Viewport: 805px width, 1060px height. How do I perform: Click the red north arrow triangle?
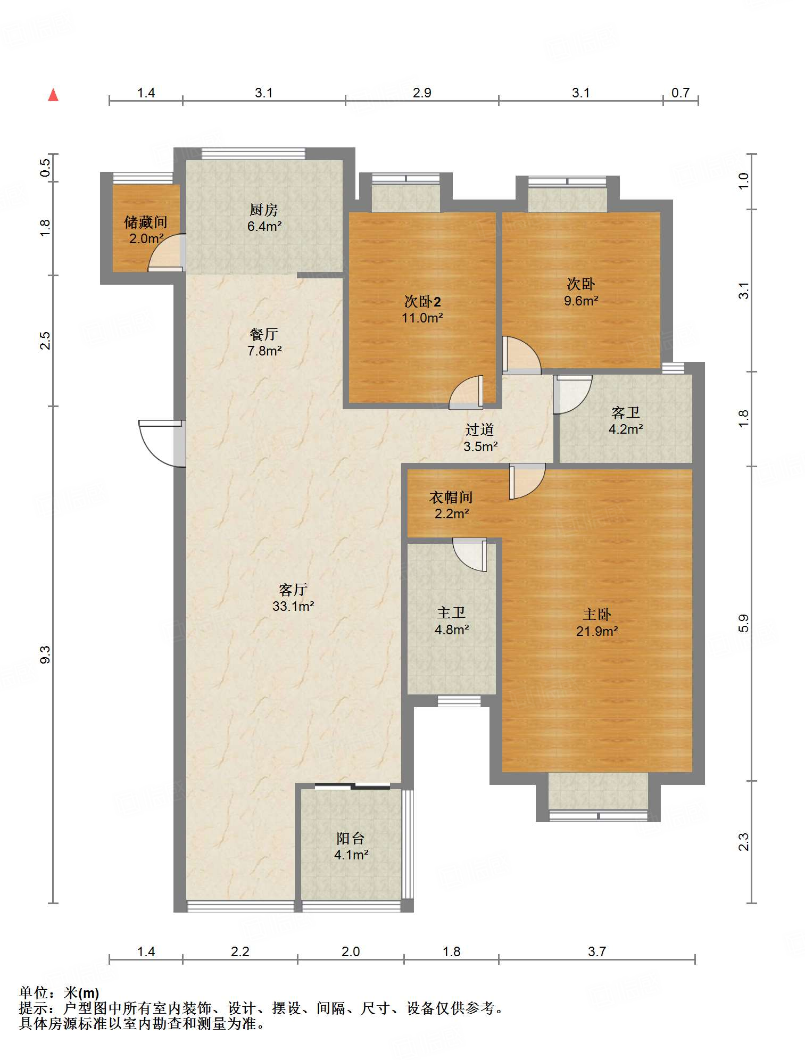53,95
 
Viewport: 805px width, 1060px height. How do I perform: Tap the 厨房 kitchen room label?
264,210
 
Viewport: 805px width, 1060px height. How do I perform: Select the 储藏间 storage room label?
146,222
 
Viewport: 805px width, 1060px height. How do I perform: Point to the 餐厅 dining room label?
264,334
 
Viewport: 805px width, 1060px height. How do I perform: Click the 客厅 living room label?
293,590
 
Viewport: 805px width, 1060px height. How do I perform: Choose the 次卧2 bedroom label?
422,302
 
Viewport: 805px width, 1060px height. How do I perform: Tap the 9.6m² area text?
581,301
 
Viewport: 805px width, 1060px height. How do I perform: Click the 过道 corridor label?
480,429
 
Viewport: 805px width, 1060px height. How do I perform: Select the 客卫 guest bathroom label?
626,412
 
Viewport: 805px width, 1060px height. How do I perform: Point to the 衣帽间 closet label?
451,497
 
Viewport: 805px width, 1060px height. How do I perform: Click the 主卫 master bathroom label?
451,613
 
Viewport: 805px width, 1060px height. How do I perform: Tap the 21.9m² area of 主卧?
597,631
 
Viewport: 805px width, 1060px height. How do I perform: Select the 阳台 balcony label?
351,839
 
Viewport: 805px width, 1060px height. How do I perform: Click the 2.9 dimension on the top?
422,93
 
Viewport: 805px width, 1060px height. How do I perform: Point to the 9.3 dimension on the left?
46,655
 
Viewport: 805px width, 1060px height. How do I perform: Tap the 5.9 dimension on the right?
743,623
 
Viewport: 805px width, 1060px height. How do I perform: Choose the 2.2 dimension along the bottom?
240,951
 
